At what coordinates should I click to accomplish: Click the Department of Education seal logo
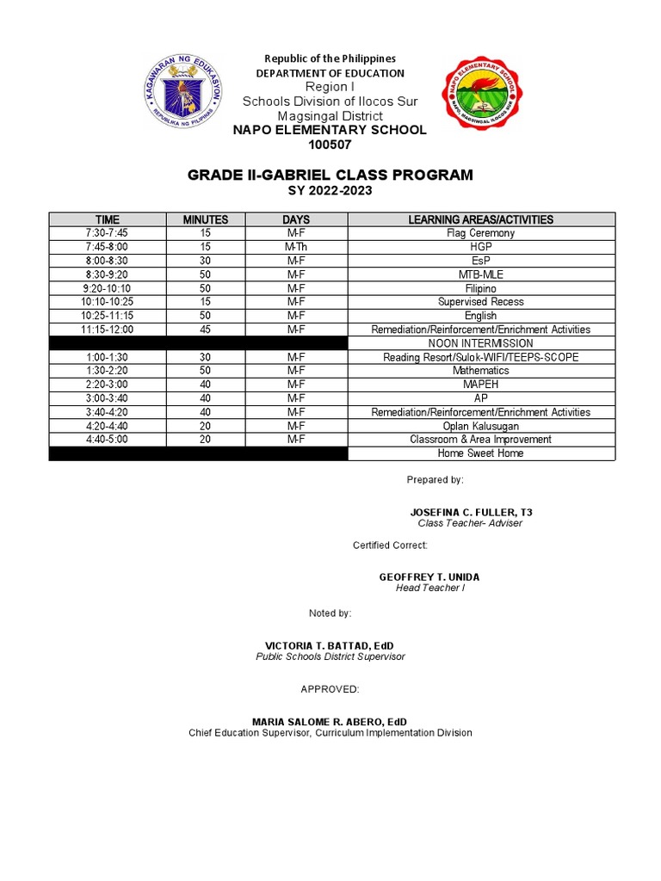point(182,95)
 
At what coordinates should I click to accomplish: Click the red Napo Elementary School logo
point(481,95)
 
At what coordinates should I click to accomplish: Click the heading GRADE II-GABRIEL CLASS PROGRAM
point(330,176)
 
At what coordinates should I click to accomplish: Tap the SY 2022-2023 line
point(330,191)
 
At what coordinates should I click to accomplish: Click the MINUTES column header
point(206,219)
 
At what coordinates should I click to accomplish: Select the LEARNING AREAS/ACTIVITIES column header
point(480,219)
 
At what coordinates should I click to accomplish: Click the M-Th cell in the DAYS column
point(296,247)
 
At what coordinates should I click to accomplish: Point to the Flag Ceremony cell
point(480,233)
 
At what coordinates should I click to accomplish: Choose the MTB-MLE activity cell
point(480,274)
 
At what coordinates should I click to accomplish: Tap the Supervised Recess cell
point(480,302)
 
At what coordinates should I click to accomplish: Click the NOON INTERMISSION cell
point(480,343)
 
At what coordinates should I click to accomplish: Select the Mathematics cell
point(480,371)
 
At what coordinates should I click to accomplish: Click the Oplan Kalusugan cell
point(480,426)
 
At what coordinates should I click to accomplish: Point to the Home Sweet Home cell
point(480,453)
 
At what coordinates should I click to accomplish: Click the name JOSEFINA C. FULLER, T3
point(471,512)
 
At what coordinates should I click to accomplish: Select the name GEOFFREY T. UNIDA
point(429,576)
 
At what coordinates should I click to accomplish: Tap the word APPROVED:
point(330,690)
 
